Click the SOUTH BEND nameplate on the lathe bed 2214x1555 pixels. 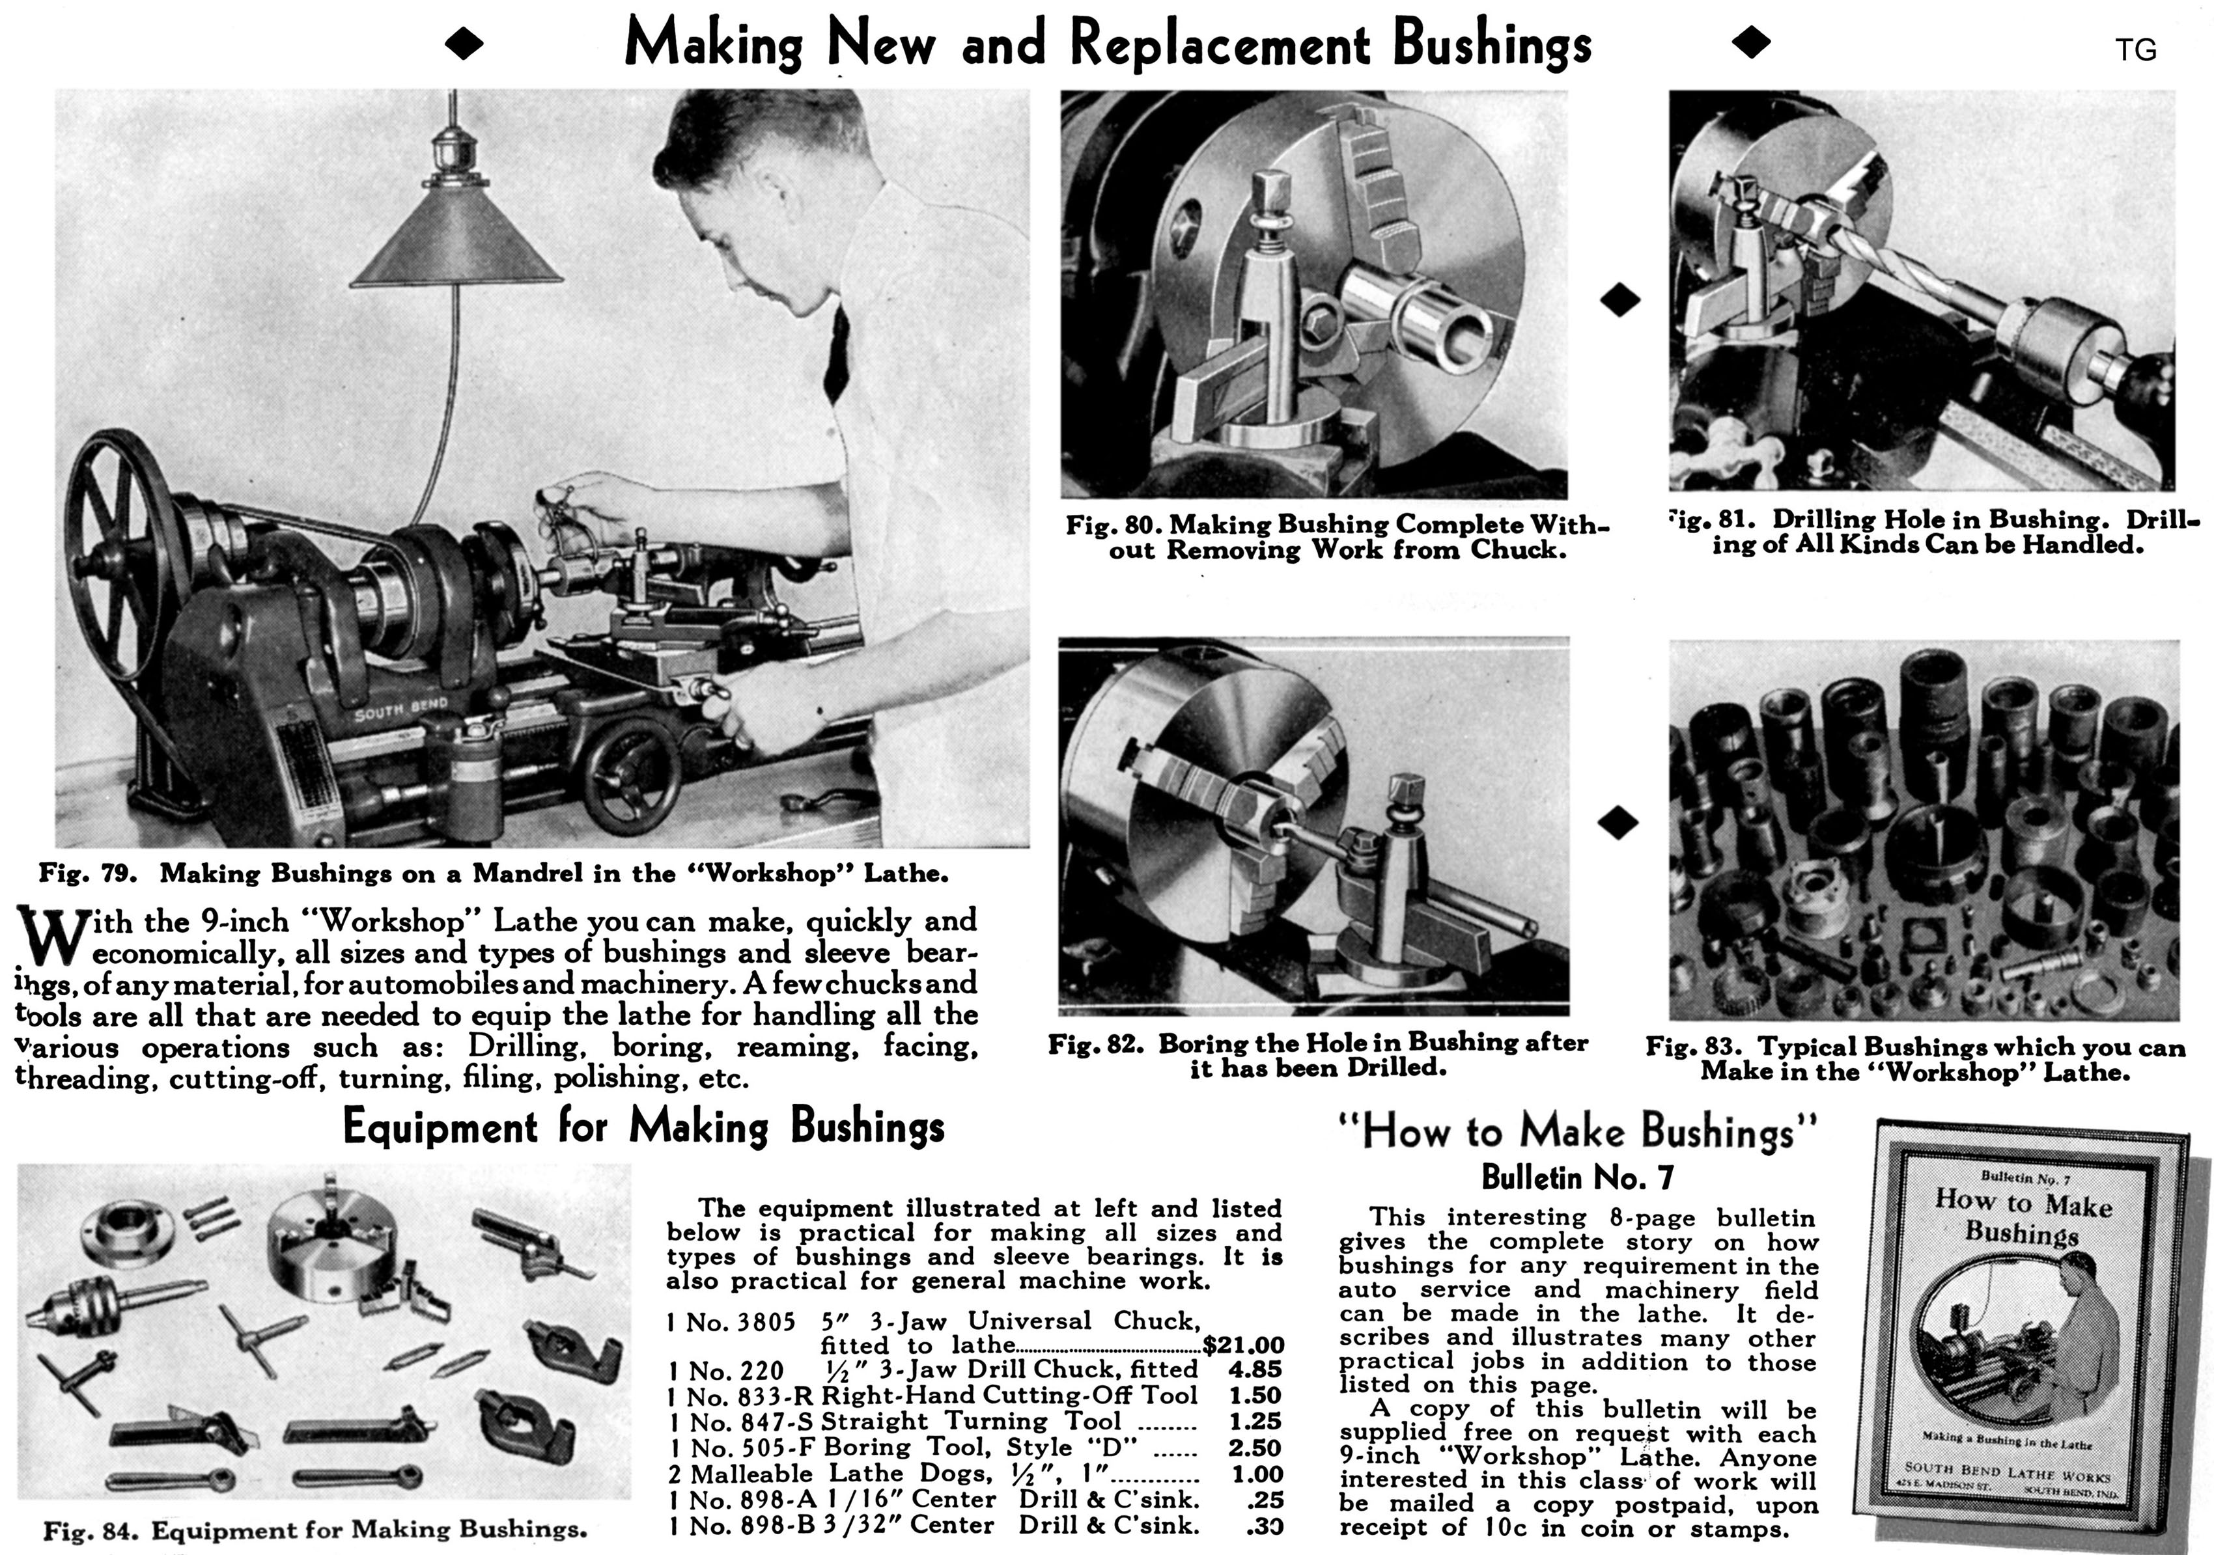[400, 709]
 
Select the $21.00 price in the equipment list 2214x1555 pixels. [1243, 1345]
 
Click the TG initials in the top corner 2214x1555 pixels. [2135, 50]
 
